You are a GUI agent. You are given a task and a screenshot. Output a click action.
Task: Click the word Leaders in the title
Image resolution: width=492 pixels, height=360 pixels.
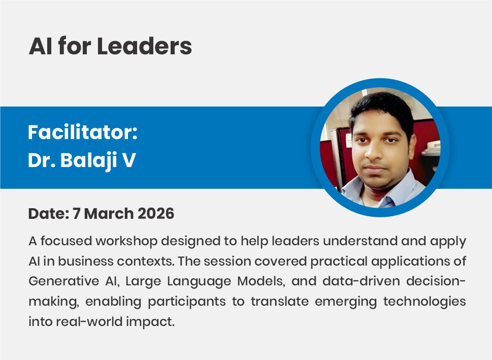144,47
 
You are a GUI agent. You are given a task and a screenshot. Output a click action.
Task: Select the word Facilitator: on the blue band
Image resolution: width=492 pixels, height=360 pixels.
83,133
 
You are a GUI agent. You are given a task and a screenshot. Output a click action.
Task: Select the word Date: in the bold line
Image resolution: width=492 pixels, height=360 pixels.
48,214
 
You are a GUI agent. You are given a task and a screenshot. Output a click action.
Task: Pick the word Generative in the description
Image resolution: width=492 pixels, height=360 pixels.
64,281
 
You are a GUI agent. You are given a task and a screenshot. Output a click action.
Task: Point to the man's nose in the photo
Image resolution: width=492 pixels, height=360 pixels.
375,152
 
